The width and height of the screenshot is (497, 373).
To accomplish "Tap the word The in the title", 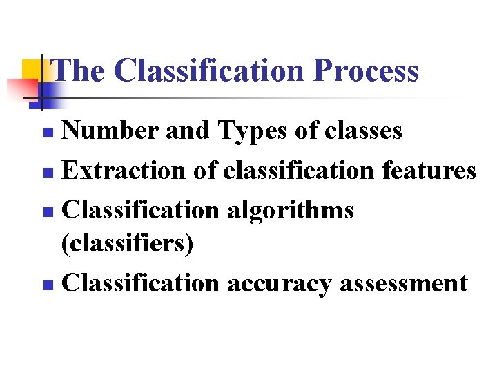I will pos(79,70).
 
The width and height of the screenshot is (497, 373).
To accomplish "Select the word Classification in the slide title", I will pos(209,70).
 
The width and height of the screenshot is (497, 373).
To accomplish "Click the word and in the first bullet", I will pos(188,131).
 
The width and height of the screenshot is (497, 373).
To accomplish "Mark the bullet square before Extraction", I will pos(46,171).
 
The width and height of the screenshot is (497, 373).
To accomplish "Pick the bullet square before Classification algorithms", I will pos(46,210).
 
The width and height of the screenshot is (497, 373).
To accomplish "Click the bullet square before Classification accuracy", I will pos(46,285).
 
